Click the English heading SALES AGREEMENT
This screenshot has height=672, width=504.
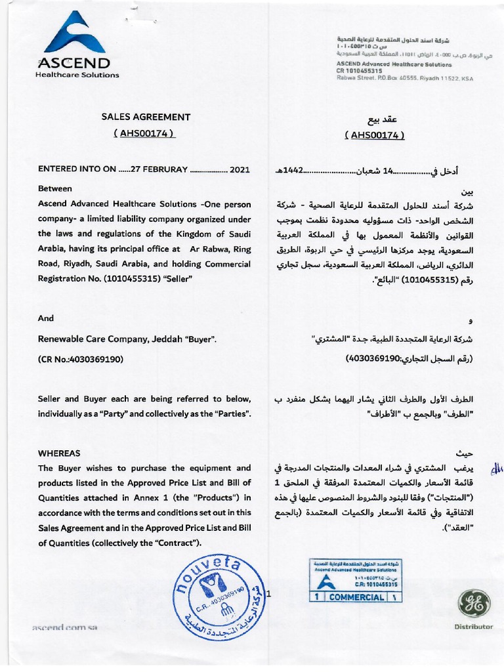pyautogui.click(x=146, y=117)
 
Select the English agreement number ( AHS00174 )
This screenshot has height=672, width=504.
pyautogui.click(x=146, y=133)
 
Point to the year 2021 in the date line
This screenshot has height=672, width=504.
pyautogui.click(x=240, y=169)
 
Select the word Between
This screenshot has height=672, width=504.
pyautogui.click(x=55, y=188)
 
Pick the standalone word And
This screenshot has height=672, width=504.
pyautogui.click(x=46, y=318)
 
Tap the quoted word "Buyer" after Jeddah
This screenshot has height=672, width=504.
pyautogui.click(x=199, y=339)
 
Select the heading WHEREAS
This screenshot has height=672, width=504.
pyautogui.click(x=59, y=453)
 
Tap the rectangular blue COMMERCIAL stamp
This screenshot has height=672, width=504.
pyautogui.click(x=355, y=579)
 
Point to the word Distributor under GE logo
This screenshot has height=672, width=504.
pyautogui.click(x=473, y=627)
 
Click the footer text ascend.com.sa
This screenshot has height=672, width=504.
pyautogui.click(x=65, y=627)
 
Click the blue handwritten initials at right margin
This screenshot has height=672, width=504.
pyautogui.click(x=496, y=469)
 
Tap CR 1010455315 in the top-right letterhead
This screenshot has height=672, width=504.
pyautogui.click(x=359, y=70)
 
